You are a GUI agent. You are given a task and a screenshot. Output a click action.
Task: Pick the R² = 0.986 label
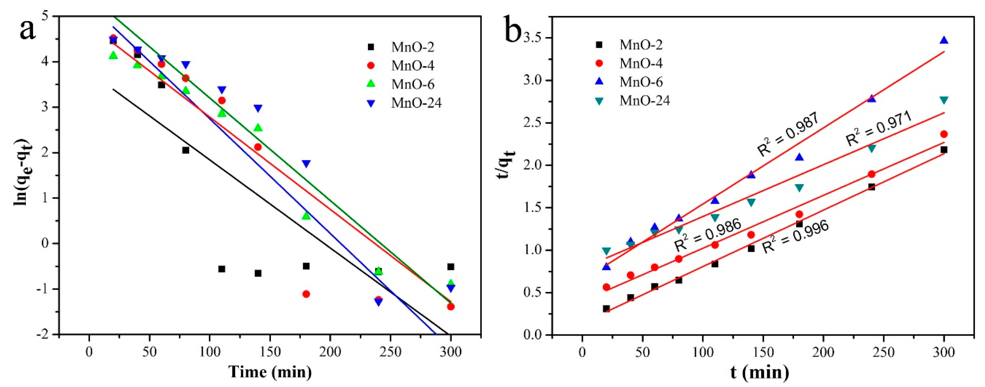click(707, 235)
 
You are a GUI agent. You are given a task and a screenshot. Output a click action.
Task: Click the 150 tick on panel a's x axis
click(270, 351)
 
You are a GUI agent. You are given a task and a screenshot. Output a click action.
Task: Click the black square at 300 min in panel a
click(451, 267)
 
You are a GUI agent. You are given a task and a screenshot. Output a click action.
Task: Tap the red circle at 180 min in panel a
click(306, 294)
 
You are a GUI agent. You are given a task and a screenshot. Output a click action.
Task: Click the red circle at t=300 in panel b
click(944, 134)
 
